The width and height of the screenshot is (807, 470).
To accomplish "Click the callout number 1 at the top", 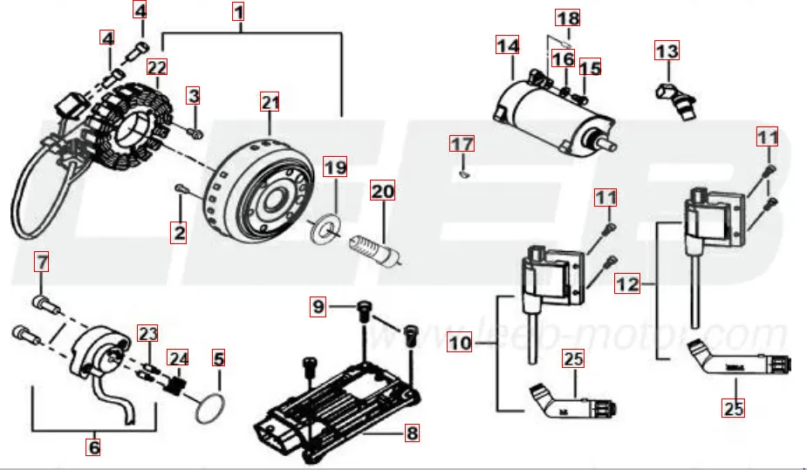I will pos(238,12).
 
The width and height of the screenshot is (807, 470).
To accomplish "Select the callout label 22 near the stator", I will pos(157,67).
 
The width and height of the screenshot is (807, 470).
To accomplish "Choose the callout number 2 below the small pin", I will pos(179,232).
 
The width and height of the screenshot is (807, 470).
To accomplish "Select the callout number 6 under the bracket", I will pos(93,447).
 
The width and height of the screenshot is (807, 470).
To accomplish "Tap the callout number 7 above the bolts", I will pos(41,260).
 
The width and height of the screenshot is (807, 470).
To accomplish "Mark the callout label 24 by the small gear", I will pos(178,357).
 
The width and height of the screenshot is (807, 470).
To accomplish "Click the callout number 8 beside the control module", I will pos(411,432).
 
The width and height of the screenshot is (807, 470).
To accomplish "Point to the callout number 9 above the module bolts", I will pos(318,306).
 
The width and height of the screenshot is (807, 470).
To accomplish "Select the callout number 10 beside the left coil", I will pos(460,342).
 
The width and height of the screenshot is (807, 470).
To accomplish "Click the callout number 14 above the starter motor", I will pos(507,44).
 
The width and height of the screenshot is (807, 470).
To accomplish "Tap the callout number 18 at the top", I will pos(567,17).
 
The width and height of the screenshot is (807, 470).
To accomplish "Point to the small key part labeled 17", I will pos(464,172).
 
